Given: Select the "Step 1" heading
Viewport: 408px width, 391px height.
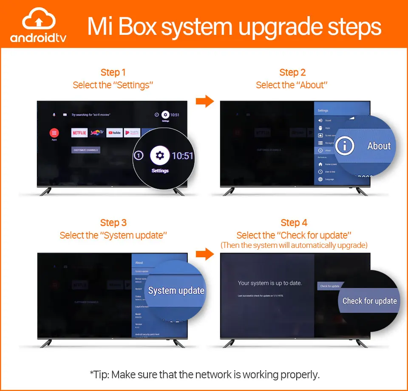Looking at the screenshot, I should point(113,72).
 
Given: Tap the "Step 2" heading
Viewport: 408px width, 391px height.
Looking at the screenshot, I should point(292,72).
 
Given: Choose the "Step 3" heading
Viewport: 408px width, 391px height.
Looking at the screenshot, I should point(113,222).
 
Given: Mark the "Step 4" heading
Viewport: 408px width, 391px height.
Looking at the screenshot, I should point(294,222).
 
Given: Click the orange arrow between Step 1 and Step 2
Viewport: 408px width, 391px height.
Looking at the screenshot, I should point(204,101).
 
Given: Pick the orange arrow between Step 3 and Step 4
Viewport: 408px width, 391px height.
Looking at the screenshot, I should point(204,254).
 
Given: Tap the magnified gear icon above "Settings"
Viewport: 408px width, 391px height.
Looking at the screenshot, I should point(160,156).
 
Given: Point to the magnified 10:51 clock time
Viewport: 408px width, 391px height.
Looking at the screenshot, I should point(182,156).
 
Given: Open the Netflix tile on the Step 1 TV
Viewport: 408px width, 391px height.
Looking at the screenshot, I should point(79,133).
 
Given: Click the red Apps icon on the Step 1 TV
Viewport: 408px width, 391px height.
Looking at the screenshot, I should point(54,133).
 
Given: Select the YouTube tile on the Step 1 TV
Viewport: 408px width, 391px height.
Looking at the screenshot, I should point(114,133).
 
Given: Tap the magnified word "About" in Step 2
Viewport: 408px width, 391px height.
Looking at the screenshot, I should point(379,146).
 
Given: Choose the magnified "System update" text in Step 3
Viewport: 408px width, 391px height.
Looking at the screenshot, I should point(176,291).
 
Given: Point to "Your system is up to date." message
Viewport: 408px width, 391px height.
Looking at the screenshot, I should point(269,283).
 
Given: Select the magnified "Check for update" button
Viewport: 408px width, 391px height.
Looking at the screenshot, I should point(369,301).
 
